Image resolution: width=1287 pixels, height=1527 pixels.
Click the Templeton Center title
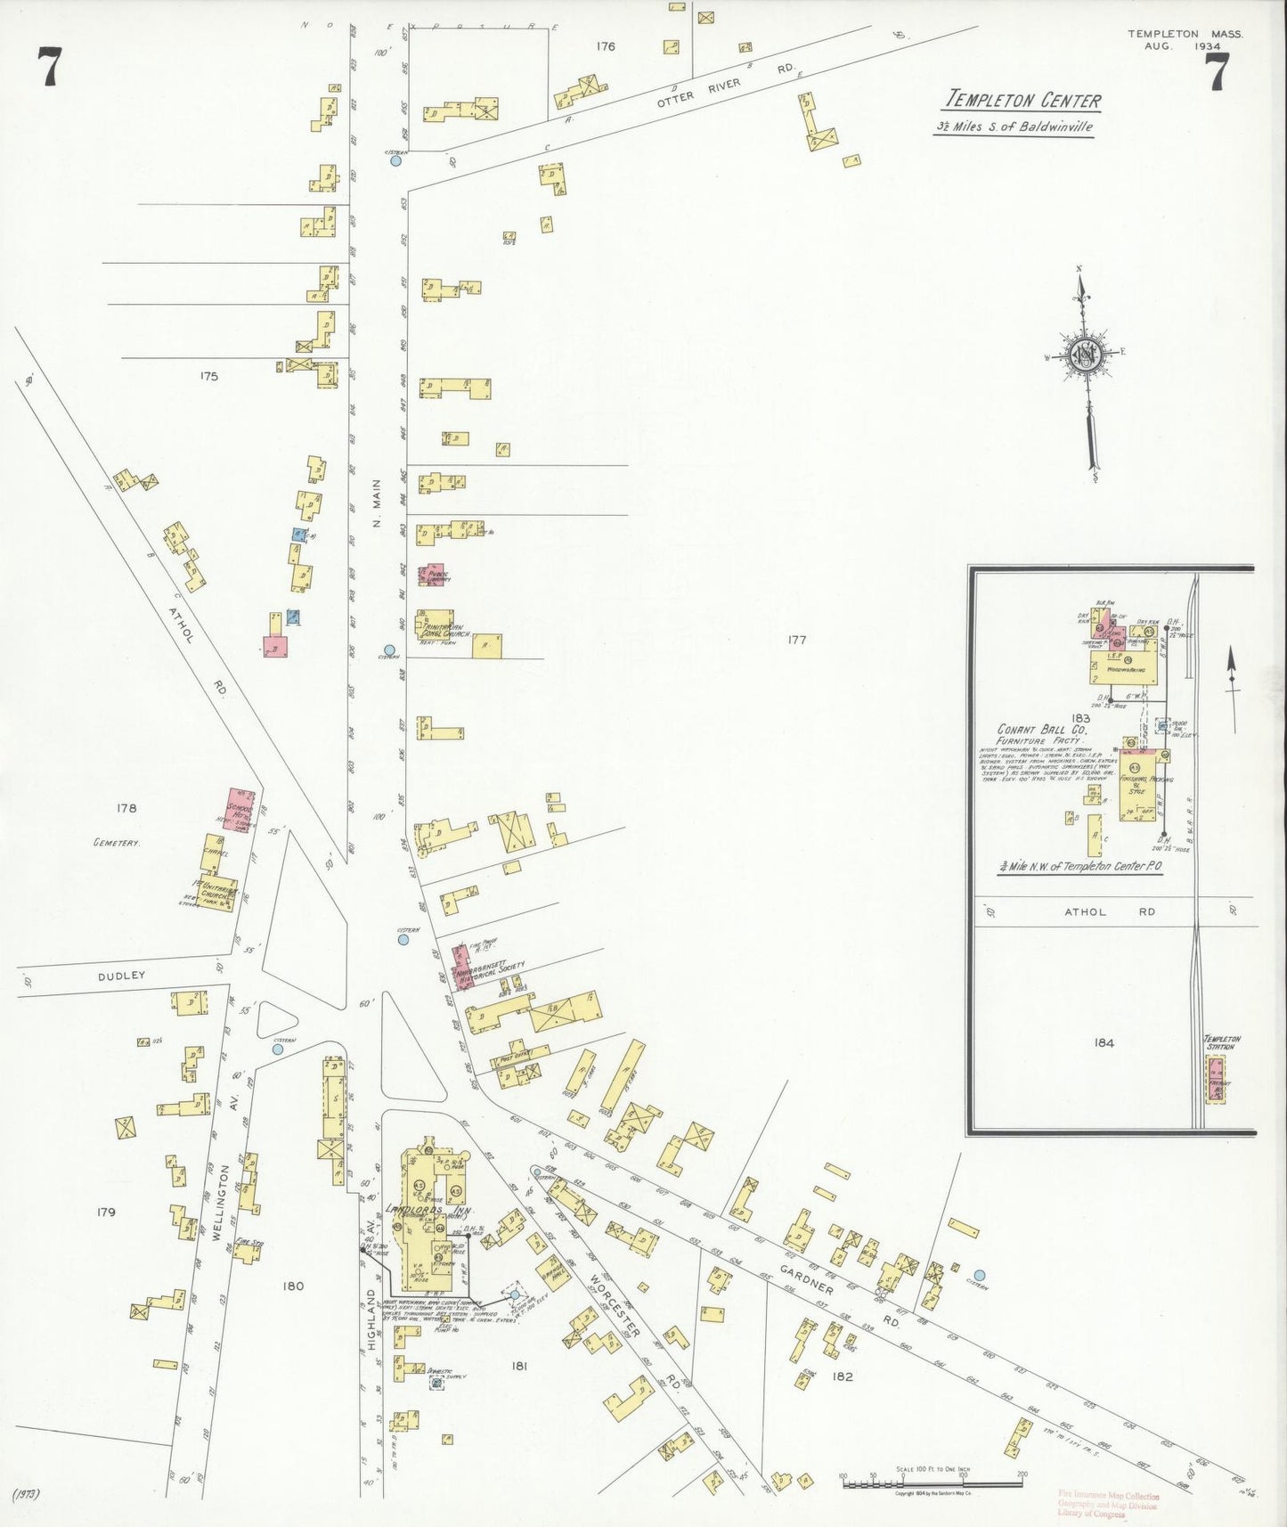(x=1022, y=101)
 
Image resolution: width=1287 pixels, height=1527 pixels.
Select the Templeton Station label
(x=1221, y=1042)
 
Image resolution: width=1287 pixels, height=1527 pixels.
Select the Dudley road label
(x=121, y=976)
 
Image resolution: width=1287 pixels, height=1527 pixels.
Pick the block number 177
(x=796, y=640)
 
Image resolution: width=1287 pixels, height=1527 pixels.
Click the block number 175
(x=208, y=376)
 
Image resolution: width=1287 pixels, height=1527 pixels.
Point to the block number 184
(x=1104, y=1042)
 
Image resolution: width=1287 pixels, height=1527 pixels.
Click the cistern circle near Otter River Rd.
(x=395, y=160)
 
